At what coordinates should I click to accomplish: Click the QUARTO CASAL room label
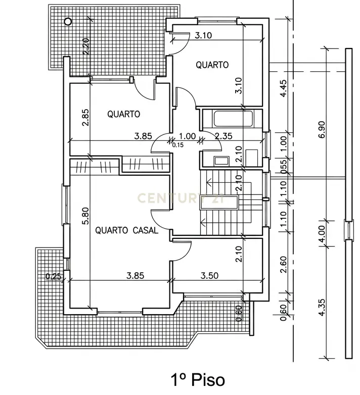[x=126, y=230]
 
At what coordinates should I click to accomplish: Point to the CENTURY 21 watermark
[x=179, y=197]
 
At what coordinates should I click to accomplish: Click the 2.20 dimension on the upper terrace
[x=86, y=47]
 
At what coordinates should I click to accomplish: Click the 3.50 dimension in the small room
[x=209, y=276]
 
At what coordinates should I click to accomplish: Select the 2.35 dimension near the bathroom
[x=223, y=135]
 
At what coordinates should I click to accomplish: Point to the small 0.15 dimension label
[x=177, y=145]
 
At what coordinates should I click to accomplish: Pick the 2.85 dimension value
[x=86, y=117]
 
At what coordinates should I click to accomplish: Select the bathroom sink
[x=221, y=161]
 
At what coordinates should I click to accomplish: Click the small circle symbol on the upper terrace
[x=67, y=21]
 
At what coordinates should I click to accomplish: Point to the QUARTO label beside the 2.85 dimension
[x=123, y=114]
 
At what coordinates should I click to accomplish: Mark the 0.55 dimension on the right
[x=284, y=166]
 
